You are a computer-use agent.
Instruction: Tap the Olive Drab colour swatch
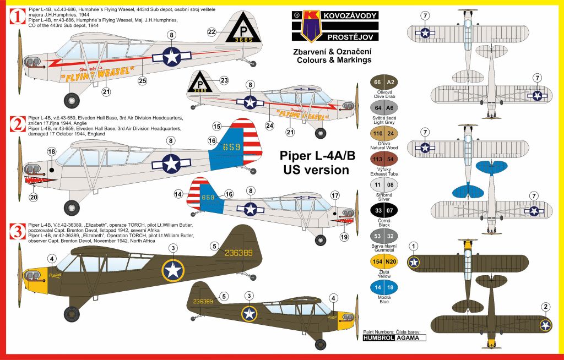point(384,83)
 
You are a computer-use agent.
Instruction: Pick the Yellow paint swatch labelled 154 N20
point(384,261)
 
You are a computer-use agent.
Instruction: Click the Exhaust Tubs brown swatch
point(384,159)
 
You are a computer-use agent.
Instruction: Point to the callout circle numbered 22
point(212,32)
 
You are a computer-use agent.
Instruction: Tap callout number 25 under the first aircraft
point(143,81)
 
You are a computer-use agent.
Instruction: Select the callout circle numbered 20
point(34,198)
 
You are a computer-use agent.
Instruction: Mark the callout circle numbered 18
point(51,151)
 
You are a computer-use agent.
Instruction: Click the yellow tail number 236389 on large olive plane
point(237,253)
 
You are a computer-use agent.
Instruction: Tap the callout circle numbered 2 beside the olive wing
point(545,307)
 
